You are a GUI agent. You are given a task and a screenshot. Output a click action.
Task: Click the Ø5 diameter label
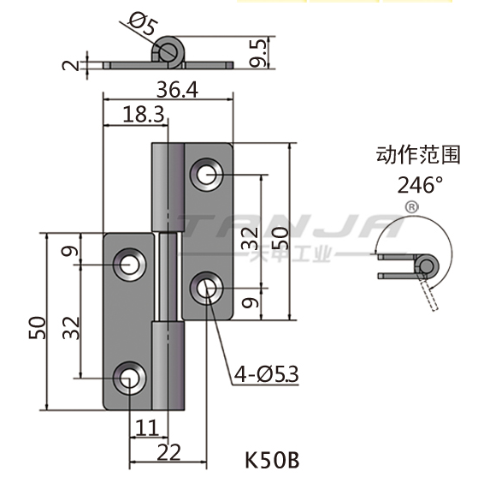(143, 23)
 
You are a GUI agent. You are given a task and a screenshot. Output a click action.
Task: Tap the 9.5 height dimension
(257, 53)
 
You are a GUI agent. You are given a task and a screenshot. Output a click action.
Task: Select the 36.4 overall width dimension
(177, 90)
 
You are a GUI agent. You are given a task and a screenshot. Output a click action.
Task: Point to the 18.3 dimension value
(143, 114)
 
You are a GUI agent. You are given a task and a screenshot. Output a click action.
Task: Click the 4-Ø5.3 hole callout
(266, 374)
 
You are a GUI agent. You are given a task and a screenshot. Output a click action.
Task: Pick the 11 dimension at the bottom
(147, 428)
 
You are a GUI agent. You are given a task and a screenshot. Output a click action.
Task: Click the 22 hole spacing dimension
(168, 452)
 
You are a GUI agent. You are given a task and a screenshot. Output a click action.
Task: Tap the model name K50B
(272, 460)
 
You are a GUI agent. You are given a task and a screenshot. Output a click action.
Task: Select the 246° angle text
(420, 185)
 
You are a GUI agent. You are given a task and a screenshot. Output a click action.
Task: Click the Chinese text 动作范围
(418, 155)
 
